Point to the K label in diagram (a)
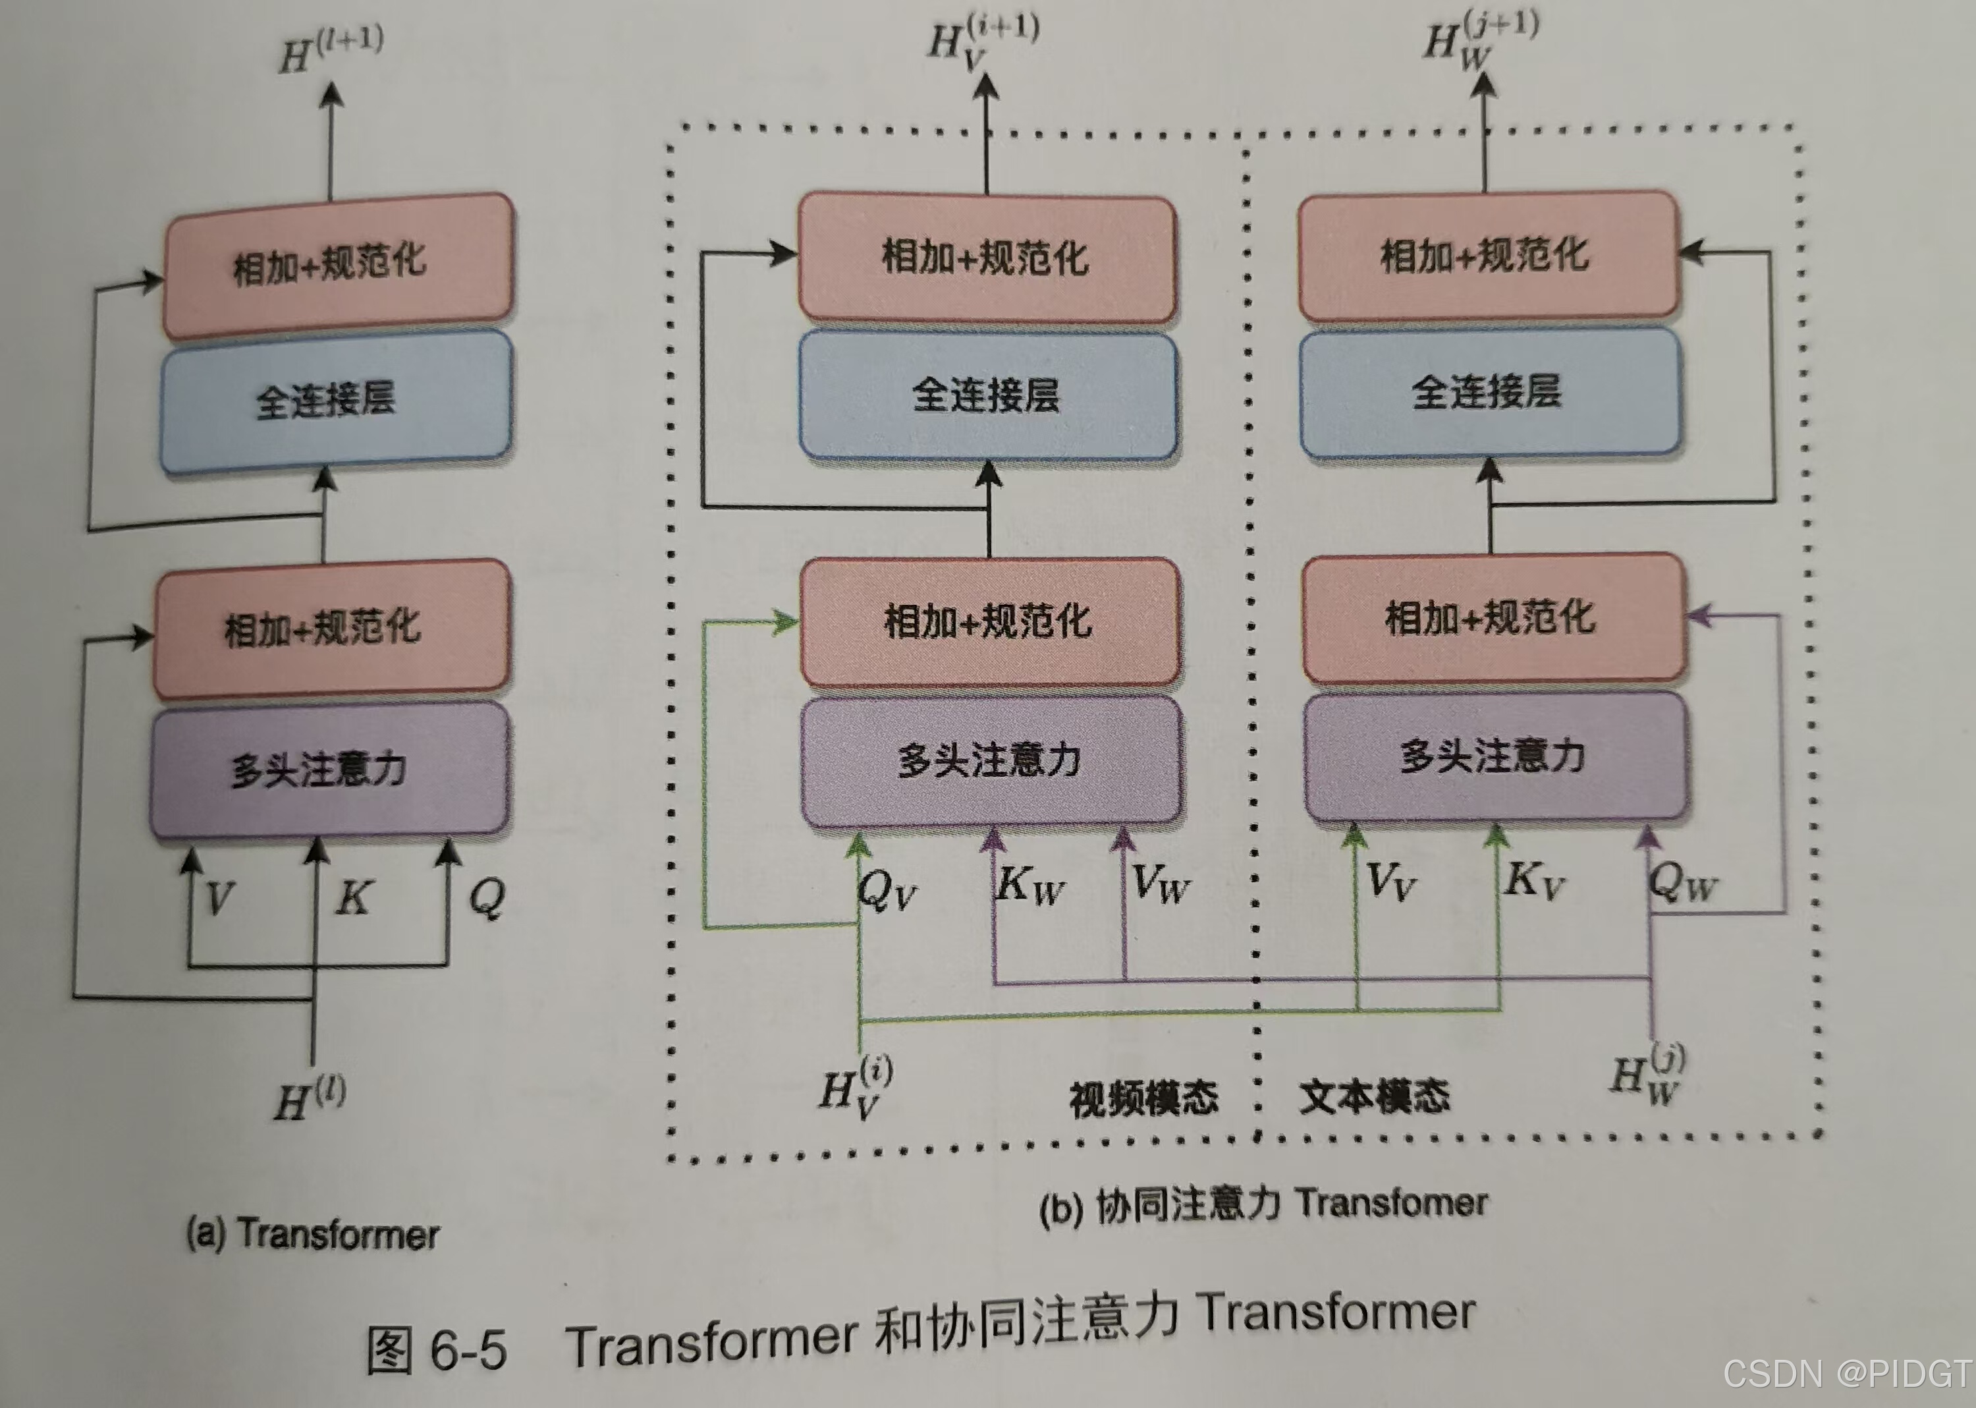354,897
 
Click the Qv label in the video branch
887,889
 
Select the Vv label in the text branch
1390,882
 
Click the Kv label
1534,880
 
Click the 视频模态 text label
1144,1098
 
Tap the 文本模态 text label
1374,1095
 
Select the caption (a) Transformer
313,1233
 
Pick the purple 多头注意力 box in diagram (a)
329,769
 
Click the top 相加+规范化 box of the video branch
986,258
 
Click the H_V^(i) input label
856,1088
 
